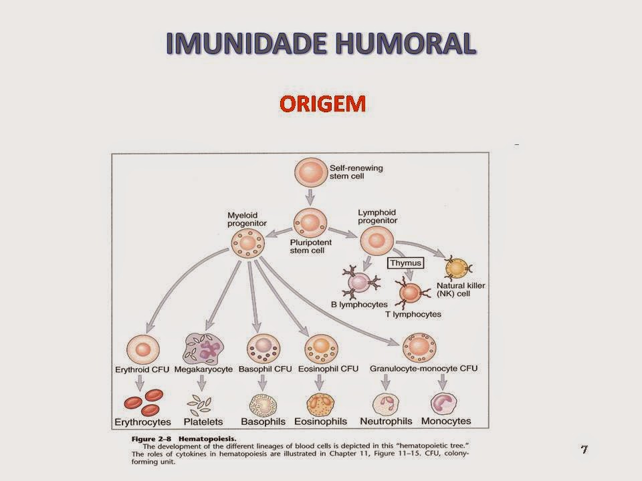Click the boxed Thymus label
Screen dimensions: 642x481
click(x=405, y=263)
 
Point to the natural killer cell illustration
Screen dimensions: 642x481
click(x=457, y=268)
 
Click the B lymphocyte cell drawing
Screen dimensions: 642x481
click(x=360, y=284)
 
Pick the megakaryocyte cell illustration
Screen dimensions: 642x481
click(x=203, y=349)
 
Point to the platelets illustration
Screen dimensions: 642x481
click(x=201, y=402)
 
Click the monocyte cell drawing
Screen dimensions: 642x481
click(x=443, y=404)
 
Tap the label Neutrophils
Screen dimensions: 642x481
click(x=385, y=422)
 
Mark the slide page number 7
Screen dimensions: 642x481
click(x=584, y=449)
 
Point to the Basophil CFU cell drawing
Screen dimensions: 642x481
click(x=262, y=349)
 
